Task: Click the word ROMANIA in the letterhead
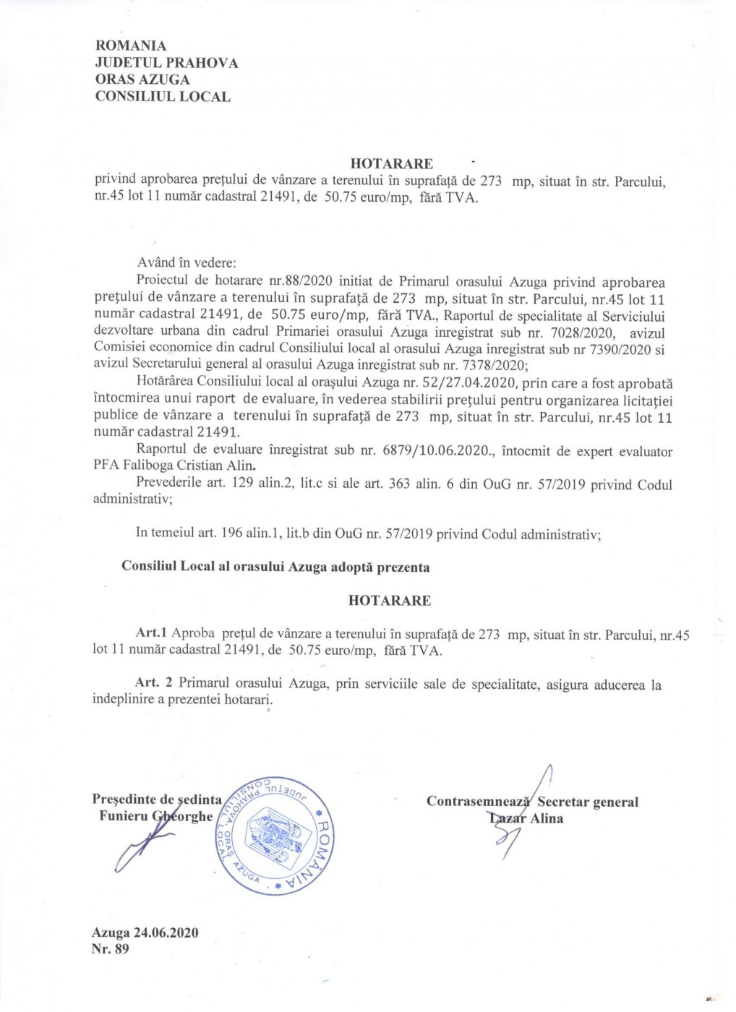pos(131,46)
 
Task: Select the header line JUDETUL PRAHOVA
pos(166,63)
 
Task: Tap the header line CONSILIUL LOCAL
pos(163,96)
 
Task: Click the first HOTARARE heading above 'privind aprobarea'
pos(391,164)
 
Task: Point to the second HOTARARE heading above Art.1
pos(389,601)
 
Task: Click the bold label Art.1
pos(152,633)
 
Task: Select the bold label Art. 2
pos(154,683)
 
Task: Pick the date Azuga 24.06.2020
pos(145,932)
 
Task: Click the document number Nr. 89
pos(111,948)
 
